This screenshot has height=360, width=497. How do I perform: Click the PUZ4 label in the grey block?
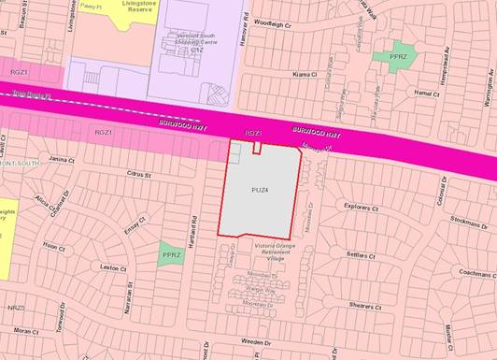pos(260,190)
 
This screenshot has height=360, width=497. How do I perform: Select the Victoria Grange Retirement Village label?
pos(263,252)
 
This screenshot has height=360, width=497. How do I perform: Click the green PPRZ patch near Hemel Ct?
pos(393,56)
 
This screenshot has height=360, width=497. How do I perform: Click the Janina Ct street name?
pos(62,159)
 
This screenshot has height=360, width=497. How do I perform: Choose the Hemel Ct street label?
pos(426,94)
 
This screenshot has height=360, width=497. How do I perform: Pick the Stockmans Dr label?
pos(467,223)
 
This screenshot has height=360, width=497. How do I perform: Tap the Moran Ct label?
pos(26,331)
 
